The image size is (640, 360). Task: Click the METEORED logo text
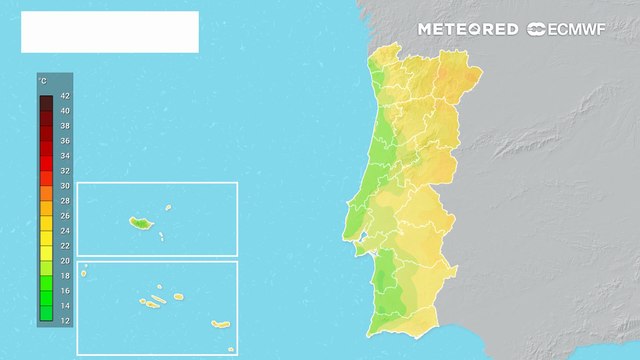coord(468,29)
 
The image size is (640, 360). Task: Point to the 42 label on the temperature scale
coord(65,96)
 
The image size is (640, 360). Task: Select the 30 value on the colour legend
coord(65,186)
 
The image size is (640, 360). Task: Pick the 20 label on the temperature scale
coord(65,260)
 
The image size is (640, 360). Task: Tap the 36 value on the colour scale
coord(65,141)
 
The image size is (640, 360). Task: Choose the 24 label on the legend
coord(65,230)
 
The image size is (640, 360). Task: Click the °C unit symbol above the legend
coord(43,79)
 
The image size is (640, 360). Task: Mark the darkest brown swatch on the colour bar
coord(46,101)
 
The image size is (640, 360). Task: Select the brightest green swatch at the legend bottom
coord(46,313)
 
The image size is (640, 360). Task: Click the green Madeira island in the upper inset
coord(138,223)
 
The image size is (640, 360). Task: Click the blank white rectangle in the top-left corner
coord(110,32)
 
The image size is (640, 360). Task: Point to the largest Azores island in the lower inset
coord(221,323)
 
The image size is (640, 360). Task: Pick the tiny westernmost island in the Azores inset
coord(85,267)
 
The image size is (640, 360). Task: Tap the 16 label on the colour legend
coord(65,290)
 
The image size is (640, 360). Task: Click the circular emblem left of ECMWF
coord(536,29)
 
